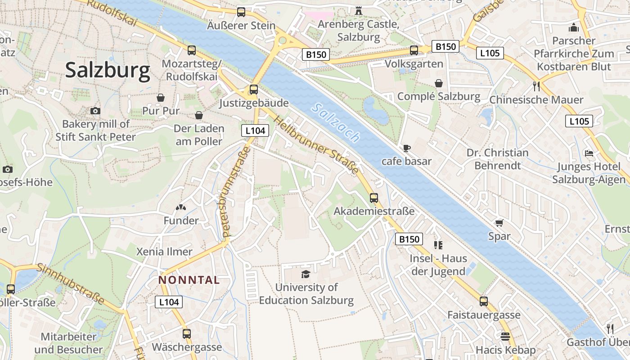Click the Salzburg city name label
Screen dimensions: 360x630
point(108,71)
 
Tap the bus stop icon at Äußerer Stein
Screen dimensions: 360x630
point(241,12)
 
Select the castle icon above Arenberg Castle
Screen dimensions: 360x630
point(359,10)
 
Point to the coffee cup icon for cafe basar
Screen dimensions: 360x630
point(406,148)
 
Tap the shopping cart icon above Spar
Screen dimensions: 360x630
point(499,223)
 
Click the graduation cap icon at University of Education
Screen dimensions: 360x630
point(306,274)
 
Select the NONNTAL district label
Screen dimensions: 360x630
point(189,280)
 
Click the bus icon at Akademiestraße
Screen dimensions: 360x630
point(374,198)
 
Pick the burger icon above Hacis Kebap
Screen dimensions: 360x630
point(505,337)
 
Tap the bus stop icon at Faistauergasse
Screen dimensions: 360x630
point(484,301)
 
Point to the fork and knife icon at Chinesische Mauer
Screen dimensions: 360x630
point(536,86)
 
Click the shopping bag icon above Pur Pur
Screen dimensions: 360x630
point(161,98)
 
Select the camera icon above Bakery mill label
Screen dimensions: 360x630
point(95,111)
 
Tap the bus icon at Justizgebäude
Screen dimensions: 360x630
point(254,90)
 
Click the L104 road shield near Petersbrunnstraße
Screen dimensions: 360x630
point(255,131)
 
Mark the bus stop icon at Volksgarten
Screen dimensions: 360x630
point(414,50)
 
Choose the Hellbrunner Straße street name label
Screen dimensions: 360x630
point(316,145)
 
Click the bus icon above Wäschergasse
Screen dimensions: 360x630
point(187,334)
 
